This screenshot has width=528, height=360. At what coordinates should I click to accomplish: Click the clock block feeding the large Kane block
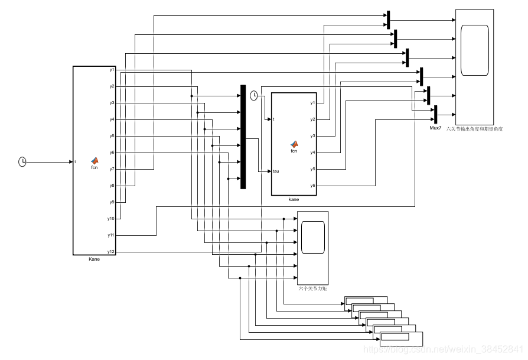[x=22, y=161]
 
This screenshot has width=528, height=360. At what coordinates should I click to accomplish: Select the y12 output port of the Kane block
[x=111, y=252]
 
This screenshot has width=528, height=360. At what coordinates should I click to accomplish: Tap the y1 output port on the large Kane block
[x=112, y=70]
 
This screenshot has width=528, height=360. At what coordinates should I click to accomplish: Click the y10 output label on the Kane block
[x=110, y=219]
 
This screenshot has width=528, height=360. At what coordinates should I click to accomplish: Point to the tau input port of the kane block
[x=276, y=171]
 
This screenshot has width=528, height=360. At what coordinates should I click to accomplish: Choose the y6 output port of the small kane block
[x=312, y=186]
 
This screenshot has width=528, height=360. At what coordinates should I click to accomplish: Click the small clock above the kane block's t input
[x=254, y=96]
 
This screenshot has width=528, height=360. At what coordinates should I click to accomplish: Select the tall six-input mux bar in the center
[x=243, y=137]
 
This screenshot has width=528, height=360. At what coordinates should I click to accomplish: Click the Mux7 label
[x=435, y=128]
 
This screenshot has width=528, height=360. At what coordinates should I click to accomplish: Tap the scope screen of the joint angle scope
[x=475, y=50]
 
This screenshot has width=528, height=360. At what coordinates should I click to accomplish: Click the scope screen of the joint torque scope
[x=312, y=236]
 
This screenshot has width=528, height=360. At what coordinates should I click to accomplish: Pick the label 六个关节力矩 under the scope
[x=313, y=288]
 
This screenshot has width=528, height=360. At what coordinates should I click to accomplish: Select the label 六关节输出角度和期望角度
[x=475, y=128]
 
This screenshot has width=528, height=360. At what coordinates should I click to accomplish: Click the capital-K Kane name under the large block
[x=94, y=259]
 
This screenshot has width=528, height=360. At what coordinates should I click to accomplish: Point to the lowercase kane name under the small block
[x=294, y=199]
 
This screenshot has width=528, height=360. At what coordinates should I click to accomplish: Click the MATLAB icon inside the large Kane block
[x=94, y=160]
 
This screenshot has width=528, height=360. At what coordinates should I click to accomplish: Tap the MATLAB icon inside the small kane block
[x=294, y=144]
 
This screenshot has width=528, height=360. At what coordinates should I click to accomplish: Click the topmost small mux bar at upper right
[x=388, y=20]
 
